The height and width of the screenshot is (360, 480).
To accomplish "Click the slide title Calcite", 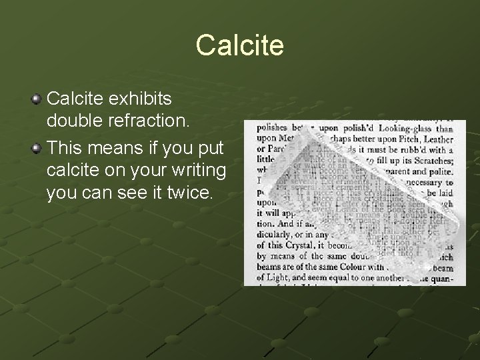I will (240, 45).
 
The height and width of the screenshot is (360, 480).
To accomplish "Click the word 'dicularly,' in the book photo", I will (270, 235).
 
